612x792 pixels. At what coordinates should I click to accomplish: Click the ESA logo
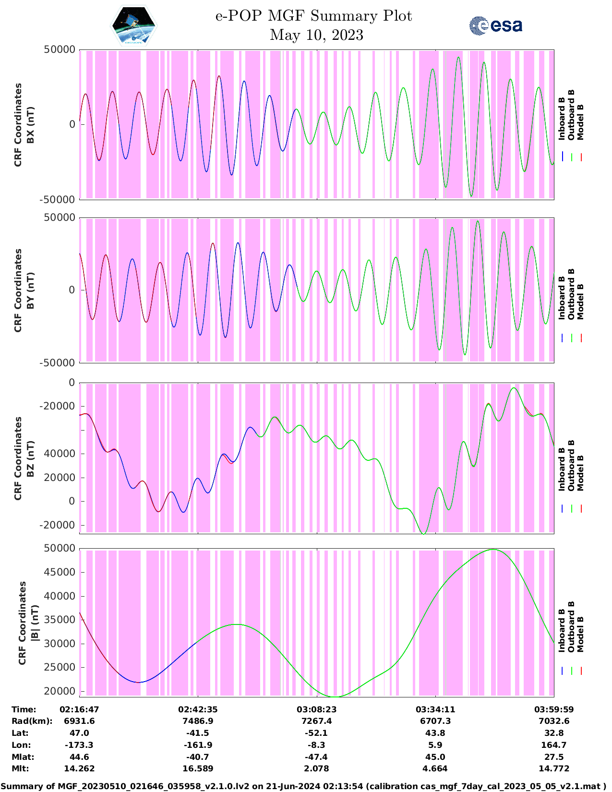tap(496, 25)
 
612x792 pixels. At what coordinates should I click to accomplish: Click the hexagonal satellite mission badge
tap(134, 26)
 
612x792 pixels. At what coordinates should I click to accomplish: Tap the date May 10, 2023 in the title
tap(316, 35)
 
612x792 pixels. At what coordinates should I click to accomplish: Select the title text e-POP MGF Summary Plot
tap(313, 16)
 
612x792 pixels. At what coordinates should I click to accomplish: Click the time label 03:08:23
tap(316, 709)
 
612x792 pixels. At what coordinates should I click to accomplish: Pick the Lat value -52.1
tap(316, 733)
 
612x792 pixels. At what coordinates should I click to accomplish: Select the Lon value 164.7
tap(554, 745)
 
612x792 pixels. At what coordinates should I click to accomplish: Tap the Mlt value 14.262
tap(79, 768)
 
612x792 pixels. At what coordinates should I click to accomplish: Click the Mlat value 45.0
tap(435, 757)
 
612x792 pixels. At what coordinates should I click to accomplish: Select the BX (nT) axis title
tap(31, 125)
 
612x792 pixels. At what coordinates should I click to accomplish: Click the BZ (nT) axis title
tap(31, 458)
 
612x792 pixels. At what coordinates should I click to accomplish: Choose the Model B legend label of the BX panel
tap(580, 122)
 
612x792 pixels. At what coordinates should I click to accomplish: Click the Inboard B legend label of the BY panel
tap(562, 302)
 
